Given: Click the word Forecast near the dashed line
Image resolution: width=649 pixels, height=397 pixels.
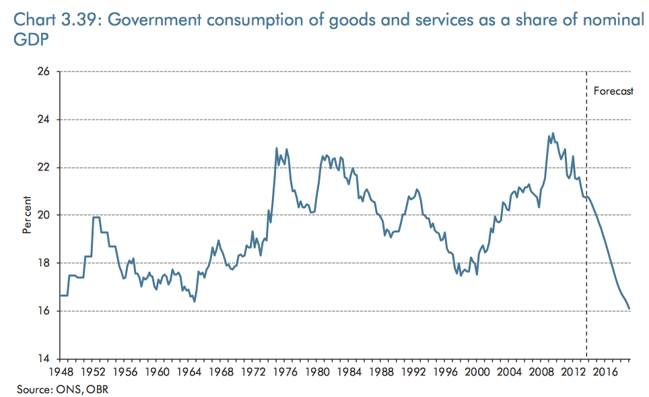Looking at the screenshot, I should tap(613, 91).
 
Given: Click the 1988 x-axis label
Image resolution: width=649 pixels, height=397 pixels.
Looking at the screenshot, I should tap(380, 371).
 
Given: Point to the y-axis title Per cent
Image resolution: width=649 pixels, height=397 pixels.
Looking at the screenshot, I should tap(28, 215).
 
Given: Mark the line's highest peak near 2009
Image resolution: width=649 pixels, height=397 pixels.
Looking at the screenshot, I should tap(553, 133).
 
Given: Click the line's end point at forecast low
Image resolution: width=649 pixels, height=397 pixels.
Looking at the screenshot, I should tap(629, 309).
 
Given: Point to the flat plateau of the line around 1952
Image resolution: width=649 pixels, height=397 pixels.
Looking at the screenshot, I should tap(97, 217).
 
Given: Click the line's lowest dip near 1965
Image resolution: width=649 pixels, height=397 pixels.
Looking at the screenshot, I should tap(195, 301).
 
